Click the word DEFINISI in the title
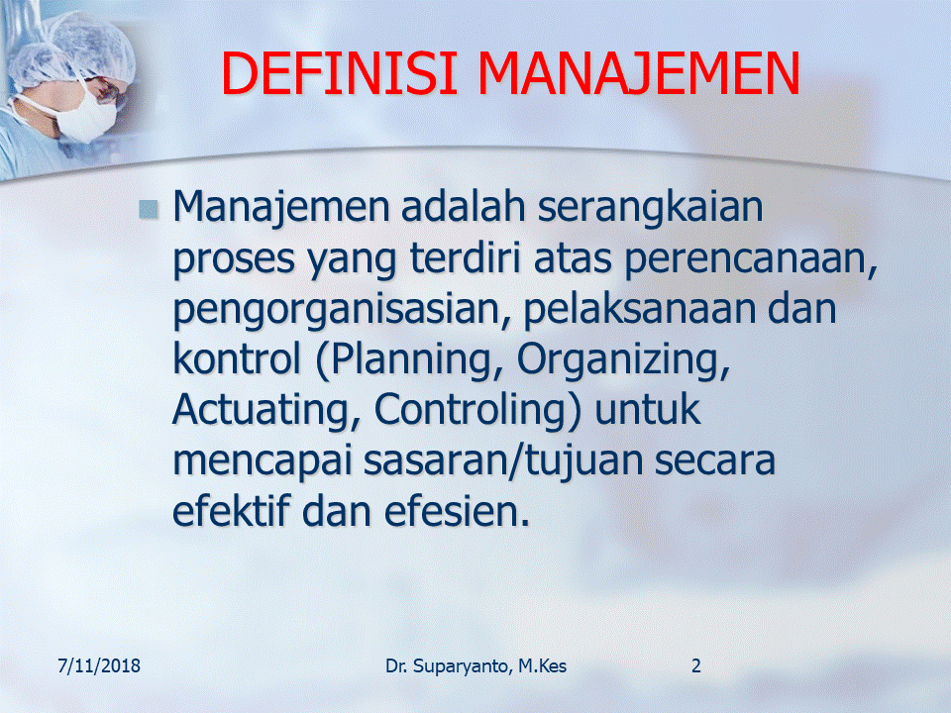339,73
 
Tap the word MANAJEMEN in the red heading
639,74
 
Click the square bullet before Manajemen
149,209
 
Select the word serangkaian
650,208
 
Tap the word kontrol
237,358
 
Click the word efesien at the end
458,511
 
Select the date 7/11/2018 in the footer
99,666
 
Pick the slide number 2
696,666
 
